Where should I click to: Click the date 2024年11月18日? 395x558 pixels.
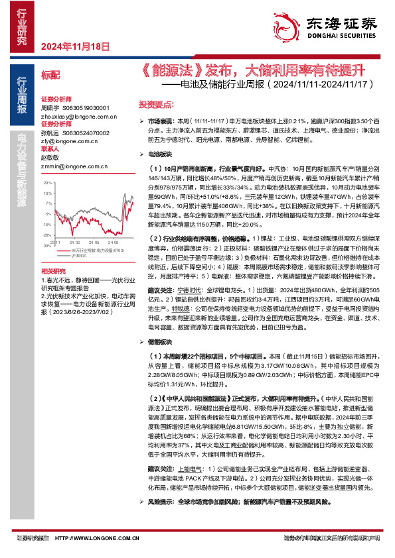pyautogui.click(x=74, y=46)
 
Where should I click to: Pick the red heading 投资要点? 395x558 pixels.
pyautogui.click(x=155, y=105)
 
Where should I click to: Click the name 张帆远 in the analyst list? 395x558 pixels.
pyautogui.click(x=50, y=132)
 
